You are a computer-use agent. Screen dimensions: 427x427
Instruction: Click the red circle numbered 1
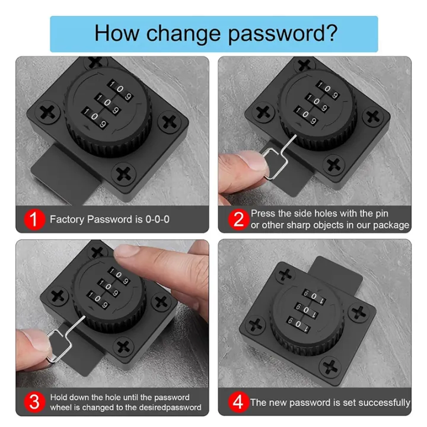click(34, 219)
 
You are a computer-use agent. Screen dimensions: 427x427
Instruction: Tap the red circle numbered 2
click(238, 219)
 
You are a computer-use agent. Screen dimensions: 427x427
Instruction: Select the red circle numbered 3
click(34, 402)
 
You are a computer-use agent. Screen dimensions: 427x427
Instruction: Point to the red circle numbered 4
click(238, 402)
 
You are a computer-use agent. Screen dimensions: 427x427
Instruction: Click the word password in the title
click(283, 34)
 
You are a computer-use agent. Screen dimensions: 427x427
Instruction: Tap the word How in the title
click(116, 33)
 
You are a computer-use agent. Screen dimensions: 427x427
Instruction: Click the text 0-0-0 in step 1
click(157, 219)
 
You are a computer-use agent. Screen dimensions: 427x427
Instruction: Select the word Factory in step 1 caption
click(66, 219)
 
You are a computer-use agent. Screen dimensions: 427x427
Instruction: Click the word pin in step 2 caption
click(381, 213)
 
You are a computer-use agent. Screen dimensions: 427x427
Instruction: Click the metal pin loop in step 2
click(275, 164)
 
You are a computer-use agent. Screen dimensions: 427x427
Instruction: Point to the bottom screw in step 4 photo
click(330, 366)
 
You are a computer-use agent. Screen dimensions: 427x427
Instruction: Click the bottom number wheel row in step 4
click(298, 324)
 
